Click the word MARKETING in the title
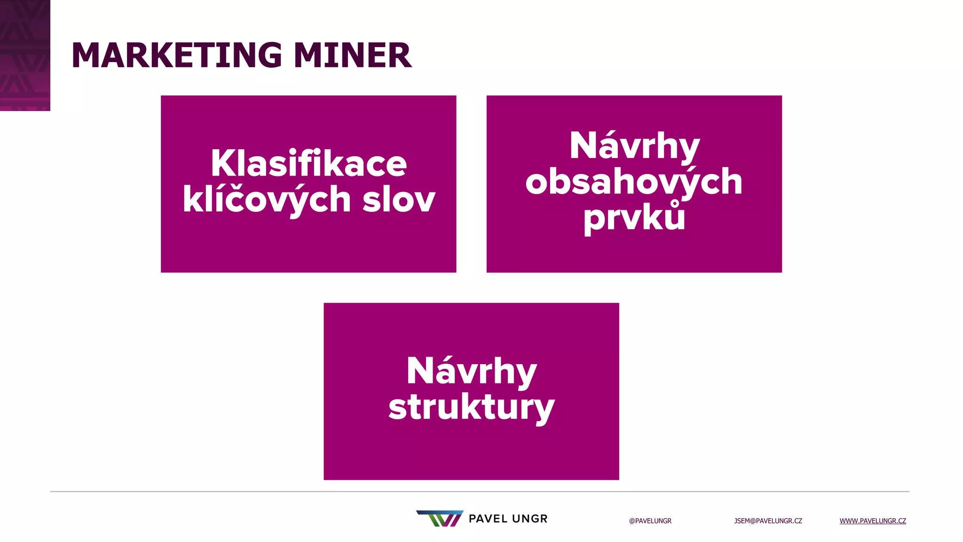click(177, 56)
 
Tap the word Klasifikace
click(308, 163)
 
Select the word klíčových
click(267, 199)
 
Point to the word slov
click(399, 199)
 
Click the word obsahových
click(634, 182)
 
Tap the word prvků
click(634, 218)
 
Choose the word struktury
click(471, 407)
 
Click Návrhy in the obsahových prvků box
click(634, 146)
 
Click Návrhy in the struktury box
click(471, 371)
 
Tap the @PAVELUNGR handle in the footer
click(650, 521)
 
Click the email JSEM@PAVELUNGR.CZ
click(768, 521)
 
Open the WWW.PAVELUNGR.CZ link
click(873, 521)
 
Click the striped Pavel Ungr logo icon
click(440, 518)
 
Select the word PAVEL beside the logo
click(488, 519)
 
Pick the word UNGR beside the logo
click(530, 519)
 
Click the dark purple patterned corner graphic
click(25, 55)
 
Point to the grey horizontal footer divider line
click(480, 492)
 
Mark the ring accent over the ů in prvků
click(675, 204)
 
